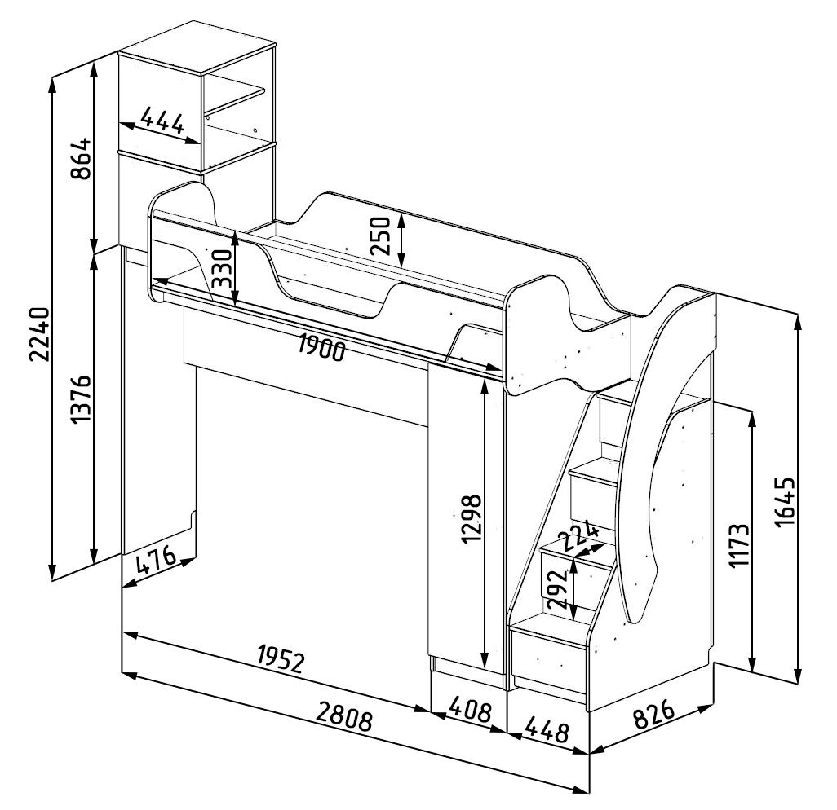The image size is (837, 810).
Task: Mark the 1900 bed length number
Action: pos(321,348)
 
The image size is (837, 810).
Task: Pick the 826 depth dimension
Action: pos(653,718)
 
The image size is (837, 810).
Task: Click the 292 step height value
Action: pos(557,588)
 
